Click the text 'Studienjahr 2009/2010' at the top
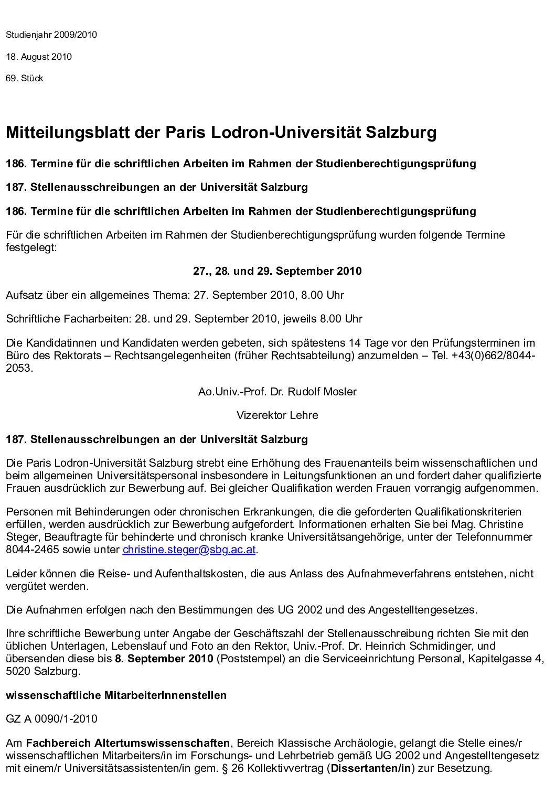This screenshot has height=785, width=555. pyautogui.click(x=51, y=35)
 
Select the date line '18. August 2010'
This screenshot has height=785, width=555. pyautogui.click(x=39, y=57)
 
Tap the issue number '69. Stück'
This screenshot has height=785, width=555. pyautogui.click(x=25, y=79)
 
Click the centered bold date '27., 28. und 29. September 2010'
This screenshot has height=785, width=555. pyautogui.click(x=277, y=271)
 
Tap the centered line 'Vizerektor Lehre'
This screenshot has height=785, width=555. pyautogui.click(x=277, y=415)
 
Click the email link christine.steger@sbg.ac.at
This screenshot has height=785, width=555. pyautogui.click(x=189, y=550)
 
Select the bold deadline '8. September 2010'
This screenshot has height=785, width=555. pyautogui.click(x=164, y=659)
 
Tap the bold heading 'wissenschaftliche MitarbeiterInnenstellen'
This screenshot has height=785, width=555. pyautogui.click(x=116, y=695)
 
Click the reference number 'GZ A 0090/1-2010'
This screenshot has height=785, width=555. pyautogui.click(x=51, y=719)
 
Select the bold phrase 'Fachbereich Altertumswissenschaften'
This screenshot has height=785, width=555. pyautogui.click(x=128, y=743)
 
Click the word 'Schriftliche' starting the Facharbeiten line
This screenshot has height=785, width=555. pyautogui.click(x=34, y=319)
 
